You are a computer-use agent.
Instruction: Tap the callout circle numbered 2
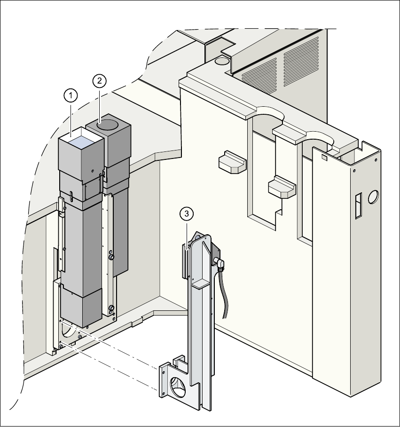pyautogui.click(x=99, y=81)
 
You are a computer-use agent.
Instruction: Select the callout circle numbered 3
pyautogui.click(x=187, y=214)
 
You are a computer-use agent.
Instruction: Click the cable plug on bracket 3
pyautogui.click(x=220, y=263)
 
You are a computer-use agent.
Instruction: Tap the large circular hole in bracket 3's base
pyautogui.click(x=179, y=385)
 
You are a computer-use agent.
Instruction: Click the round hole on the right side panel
pyautogui.click(x=374, y=197)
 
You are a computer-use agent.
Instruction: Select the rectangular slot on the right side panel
pyautogui.click(x=358, y=206)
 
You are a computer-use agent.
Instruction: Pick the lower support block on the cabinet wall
pyautogui.click(x=282, y=186)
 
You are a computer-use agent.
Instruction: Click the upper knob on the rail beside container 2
pyautogui.click(x=111, y=257)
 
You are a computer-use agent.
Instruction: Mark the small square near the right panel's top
pyautogui.click(x=324, y=158)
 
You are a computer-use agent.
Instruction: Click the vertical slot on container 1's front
pyautogui.click(x=70, y=196)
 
